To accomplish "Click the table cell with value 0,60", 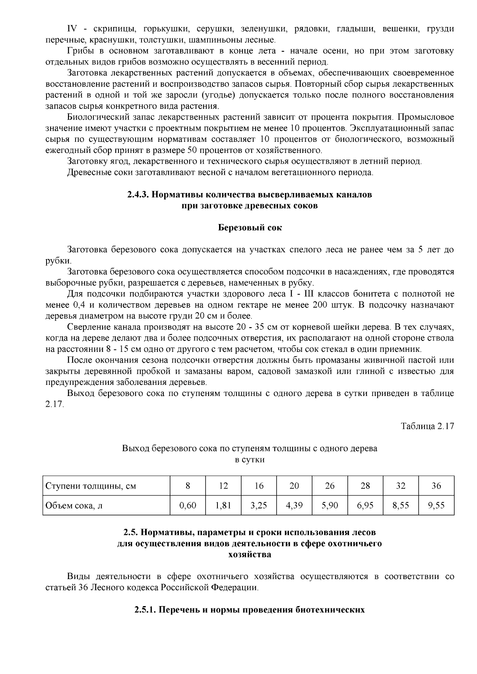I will click(x=188, y=506).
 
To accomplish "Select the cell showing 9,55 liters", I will click(x=436, y=506).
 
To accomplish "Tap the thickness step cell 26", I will click(x=330, y=486).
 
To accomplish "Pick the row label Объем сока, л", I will click(x=74, y=506).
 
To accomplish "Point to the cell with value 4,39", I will click(x=294, y=506).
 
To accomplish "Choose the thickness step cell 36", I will click(x=436, y=486).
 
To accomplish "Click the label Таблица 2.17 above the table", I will click(x=427, y=426).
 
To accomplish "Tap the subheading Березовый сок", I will click(x=250, y=228).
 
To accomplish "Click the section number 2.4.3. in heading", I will click(x=138, y=195).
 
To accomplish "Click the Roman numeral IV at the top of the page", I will click(x=72, y=29).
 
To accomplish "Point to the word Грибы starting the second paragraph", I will click(x=79, y=51).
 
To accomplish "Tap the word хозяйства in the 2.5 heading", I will click(x=250, y=554).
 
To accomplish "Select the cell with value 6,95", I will click(x=365, y=506).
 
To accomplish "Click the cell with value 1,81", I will click(x=223, y=506).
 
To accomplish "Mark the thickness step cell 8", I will click(x=188, y=486).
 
